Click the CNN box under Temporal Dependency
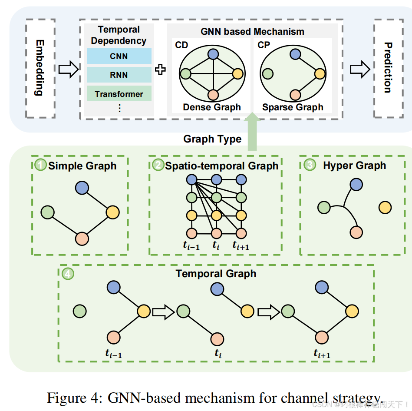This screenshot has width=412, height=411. tap(119, 56)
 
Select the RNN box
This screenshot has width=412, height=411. tap(119, 75)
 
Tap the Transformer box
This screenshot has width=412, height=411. tap(119, 94)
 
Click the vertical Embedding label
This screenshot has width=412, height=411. tap(40, 68)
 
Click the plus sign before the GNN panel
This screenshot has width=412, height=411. tap(161, 70)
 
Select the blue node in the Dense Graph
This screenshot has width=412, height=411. tap(213, 54)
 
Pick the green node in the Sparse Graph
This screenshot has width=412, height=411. tap(267, 74)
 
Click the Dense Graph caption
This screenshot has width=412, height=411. tap(212, 107)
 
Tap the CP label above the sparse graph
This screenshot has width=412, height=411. tap(264, 45)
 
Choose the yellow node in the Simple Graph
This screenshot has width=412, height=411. tap(112, 212)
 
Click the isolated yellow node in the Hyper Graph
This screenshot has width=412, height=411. tap(385, 207)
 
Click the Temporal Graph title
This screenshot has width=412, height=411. tap(216, 274)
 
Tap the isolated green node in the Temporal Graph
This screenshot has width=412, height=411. tap(80, 311)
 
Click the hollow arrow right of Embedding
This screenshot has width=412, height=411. tap(68, 69)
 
